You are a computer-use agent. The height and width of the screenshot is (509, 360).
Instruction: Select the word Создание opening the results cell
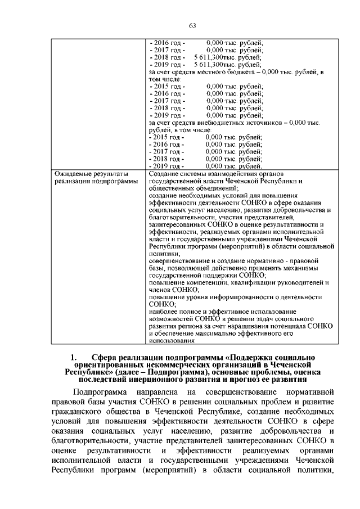coord(165,173)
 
